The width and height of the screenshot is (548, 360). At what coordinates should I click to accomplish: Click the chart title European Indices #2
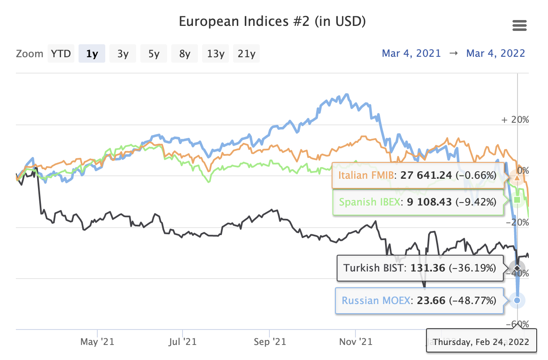tap(272, 21)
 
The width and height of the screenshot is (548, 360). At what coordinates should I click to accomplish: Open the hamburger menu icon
tap(519, 26)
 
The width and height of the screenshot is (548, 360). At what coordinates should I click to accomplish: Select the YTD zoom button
tap(61, 53)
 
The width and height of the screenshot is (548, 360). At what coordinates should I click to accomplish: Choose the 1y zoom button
tap(92, 53)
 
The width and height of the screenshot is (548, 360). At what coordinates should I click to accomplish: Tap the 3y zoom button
tap(123, 53)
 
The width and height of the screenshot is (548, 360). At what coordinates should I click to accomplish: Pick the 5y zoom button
tap(154, 53)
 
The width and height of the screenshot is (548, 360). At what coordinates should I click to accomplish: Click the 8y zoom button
tap(185, 53)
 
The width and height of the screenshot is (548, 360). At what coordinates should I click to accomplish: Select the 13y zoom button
tap(216, 53)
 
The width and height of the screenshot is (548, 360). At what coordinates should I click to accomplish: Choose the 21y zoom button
tap(246, 53)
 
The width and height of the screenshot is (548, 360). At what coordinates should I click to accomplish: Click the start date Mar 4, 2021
tap(411, 53)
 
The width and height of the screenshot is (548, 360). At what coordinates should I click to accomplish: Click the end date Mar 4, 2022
tap(496, 53)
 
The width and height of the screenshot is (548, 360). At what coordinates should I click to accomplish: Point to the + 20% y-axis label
tap(515, 119)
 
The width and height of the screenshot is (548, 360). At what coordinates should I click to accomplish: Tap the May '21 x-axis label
tap(97, 342)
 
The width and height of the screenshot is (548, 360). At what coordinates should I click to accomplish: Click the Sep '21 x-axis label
tap(269, 342)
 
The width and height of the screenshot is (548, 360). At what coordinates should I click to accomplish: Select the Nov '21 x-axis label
tap(355, 342)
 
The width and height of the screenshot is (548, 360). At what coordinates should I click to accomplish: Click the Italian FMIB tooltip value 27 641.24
tap(426, 175)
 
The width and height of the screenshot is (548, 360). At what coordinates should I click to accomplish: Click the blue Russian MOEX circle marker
tap(517, 300)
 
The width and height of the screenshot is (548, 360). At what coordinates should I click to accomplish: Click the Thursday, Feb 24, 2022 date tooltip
tap(481, 342)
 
